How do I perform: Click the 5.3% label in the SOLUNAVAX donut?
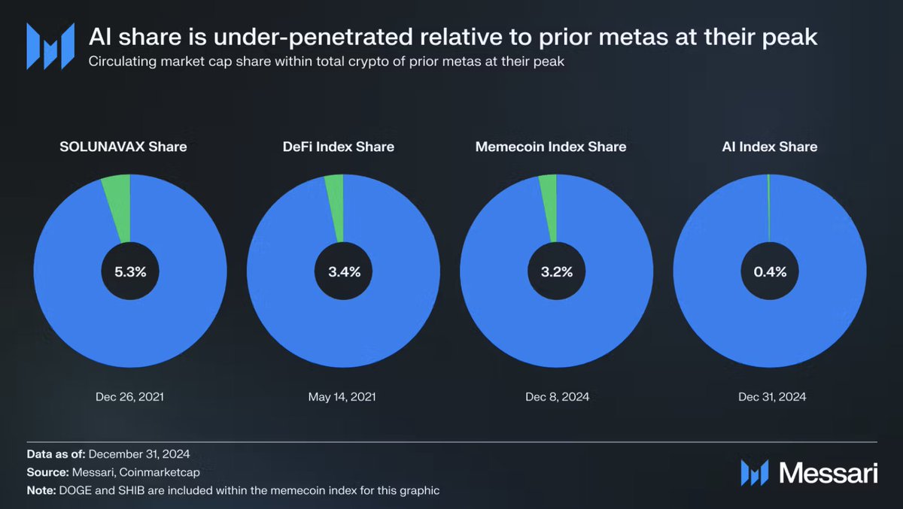130,272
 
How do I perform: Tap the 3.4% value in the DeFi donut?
343,272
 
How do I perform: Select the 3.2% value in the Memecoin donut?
556,272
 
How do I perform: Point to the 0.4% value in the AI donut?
769,272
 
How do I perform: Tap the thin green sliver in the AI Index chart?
768,203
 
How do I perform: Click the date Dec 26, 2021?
130,396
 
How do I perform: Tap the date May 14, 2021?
343,396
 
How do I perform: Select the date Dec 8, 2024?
556,396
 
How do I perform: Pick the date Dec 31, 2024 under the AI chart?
769,396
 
